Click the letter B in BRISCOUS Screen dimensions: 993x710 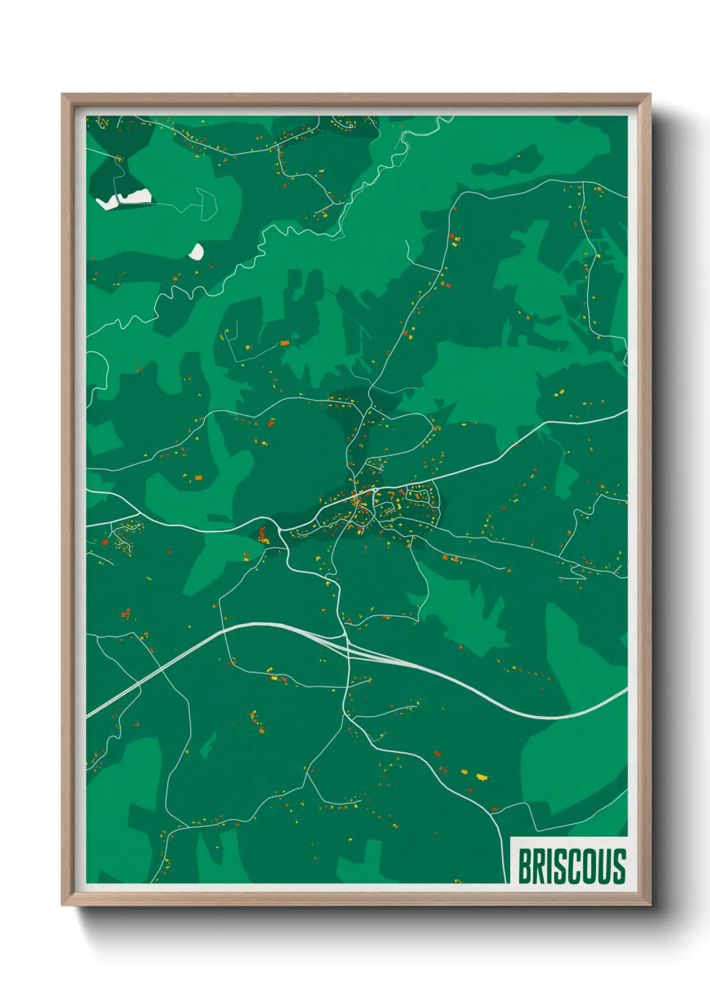point(525,866)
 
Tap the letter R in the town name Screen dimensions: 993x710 point(539,866)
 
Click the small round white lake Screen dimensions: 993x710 point(196,252)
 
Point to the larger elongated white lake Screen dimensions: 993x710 point(124,199)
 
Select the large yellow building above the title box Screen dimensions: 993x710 point(481,777)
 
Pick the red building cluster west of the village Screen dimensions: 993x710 point(262,535)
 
